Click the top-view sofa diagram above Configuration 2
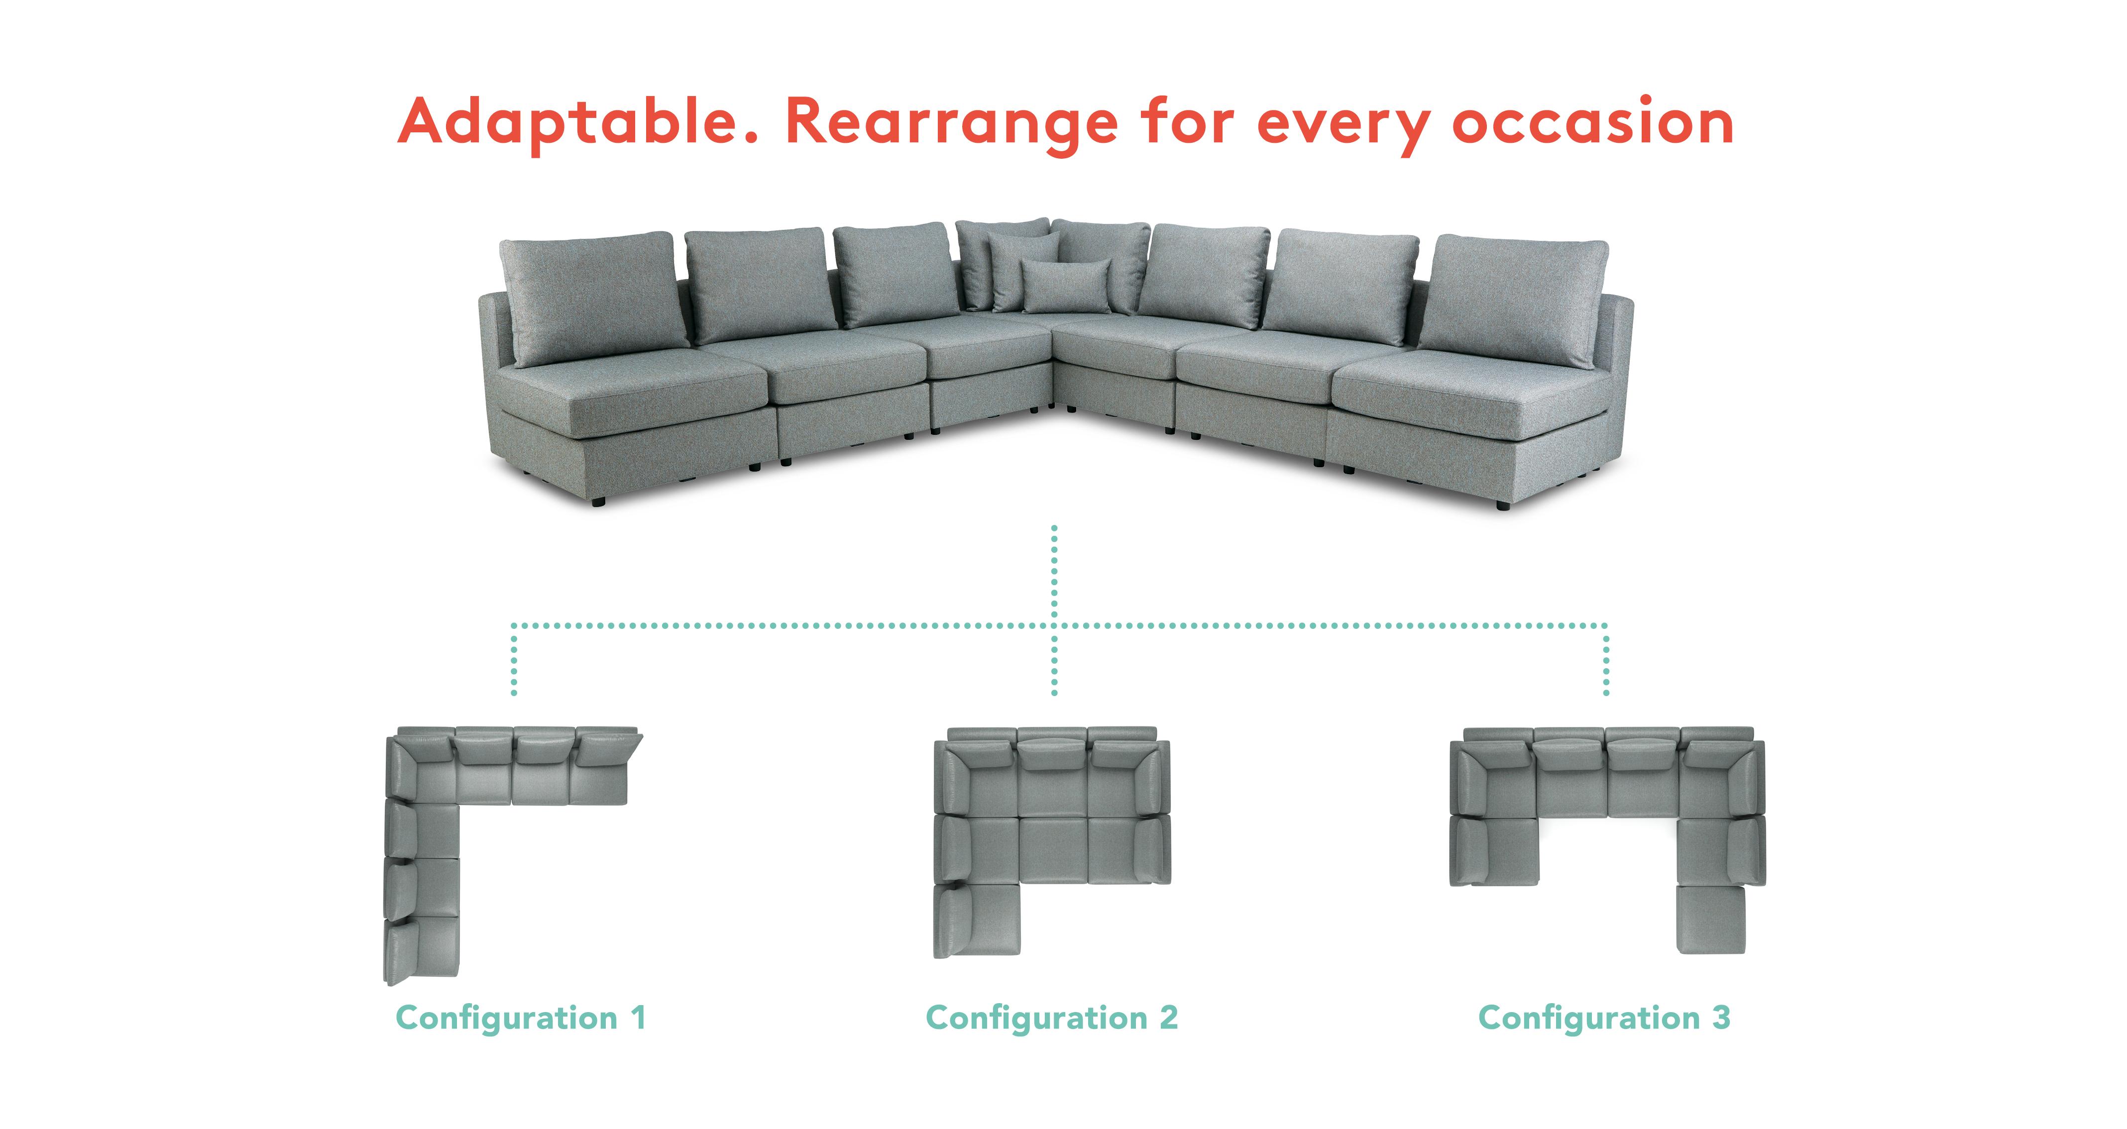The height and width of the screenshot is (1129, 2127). (1052, 842)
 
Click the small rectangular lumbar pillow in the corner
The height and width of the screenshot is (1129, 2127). (1065, 287)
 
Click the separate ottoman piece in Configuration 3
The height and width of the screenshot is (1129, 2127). (1711, 920)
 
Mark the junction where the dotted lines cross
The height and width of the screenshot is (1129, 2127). (1054, 625)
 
